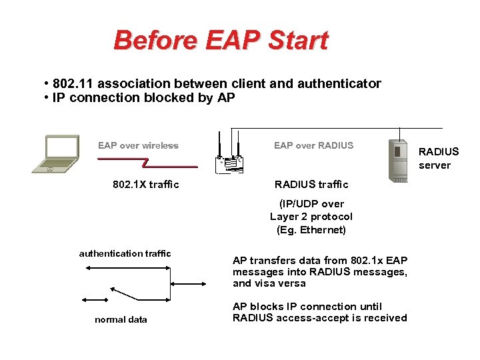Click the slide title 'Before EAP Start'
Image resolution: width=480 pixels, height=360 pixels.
(x=221, y=40)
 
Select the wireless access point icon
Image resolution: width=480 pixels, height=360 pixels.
(x=229, y=157)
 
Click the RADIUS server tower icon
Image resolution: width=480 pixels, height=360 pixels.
(x=398, y=161)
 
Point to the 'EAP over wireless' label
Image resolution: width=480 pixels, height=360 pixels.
(x=138, y=145)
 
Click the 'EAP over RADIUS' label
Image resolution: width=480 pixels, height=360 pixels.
(x=313, y=145)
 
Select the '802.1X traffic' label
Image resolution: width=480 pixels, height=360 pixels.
(x=146, y=185)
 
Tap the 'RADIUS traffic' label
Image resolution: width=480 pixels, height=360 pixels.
(x=311, y=185)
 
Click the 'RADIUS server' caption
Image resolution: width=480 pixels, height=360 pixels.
(x=438, y=159)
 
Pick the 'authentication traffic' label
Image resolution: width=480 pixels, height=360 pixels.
(x=125, y=253)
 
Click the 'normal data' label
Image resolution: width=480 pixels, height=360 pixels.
(x=121, y=319)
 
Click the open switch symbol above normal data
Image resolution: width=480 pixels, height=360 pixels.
(x=125, y=294)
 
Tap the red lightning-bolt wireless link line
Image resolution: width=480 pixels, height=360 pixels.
(x=147, y=162)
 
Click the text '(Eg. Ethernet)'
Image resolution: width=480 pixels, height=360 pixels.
(x=311, y=230)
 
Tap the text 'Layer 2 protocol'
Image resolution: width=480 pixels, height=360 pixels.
(x=311, y=217)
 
